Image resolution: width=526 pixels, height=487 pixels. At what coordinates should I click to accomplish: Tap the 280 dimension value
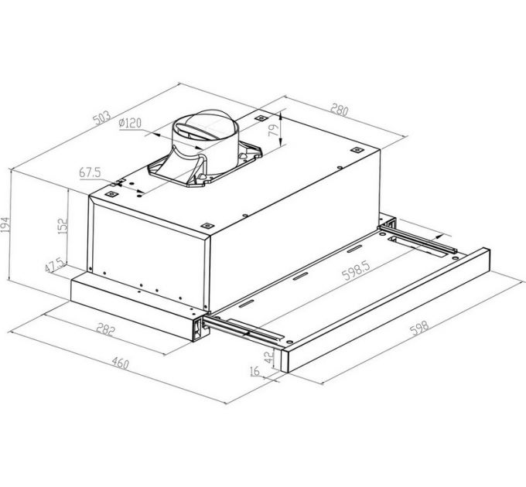click(x=338, y=110)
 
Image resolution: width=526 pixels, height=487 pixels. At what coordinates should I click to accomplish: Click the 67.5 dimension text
click(x=92, y=173)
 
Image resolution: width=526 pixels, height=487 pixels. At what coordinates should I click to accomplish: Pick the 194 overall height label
click(x=7, y=224)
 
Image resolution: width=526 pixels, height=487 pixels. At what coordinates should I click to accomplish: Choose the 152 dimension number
click(x=65, y=226)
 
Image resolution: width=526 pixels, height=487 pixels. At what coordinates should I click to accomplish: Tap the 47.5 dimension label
click(x=54, y=267)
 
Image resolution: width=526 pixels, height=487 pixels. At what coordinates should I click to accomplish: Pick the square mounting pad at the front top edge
click(x=207, y=225)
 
